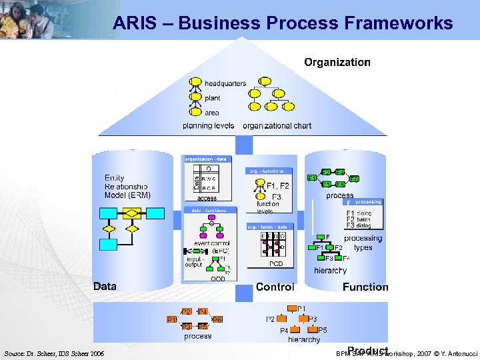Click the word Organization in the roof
click(x=337, y=62)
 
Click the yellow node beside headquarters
click(x=195, y=83)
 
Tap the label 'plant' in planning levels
click(x=212, y=98)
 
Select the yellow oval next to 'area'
click(x=195, y=112)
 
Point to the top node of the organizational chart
click(x=265, y=82)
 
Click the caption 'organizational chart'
click(x=277, y=125)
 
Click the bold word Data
click(x=105, y=286)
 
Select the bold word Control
click(x=275, y=287)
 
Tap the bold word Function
click(x=365, y=287)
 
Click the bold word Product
click(x=367, y=351)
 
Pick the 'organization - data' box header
click(x=205, y=159)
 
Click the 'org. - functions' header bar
click(x=269, y=171)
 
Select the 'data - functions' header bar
click(x=209, y=210)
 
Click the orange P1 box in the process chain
click(x=171, y=319)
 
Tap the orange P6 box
click(x=217, y=320)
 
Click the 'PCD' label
click(x=276, y=264)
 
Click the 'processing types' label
click(x=363, y=243)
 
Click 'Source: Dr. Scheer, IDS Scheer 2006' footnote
click(x=54, y=353)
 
